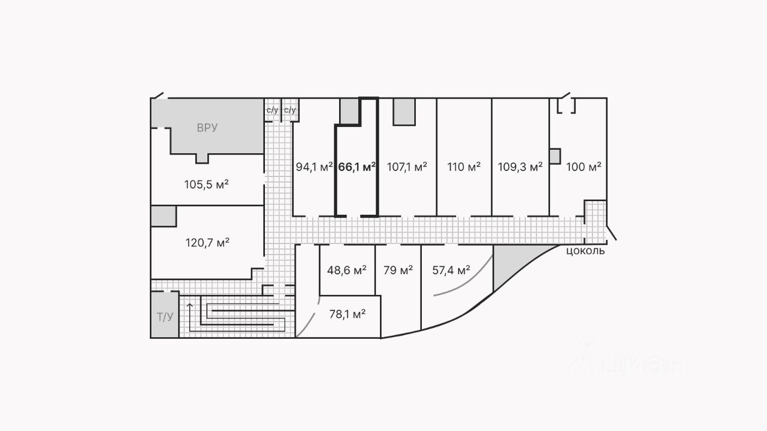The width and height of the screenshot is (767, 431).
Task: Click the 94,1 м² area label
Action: pyautogui.click(x=314, y=167)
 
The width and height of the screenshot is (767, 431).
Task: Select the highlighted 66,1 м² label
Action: pyautogui.click(x=357, y=167)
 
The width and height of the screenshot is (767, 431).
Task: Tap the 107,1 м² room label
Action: pyautogui.click(x=407, y=167)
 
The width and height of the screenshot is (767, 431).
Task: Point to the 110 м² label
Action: pyautogui.click(x=464, y=167)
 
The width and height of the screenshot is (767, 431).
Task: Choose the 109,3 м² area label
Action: pyautogui.click(x=520, y=167)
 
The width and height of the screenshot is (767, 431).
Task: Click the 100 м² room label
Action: pyautogui.click(x=584, y=167)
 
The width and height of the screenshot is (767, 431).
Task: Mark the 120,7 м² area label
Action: pyautogui.click(x=207, y=243)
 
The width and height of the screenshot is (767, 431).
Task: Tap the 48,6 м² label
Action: pyautogui.click(x=347, y=270)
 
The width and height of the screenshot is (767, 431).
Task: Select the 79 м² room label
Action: pyautogui.click(x=398, y=270)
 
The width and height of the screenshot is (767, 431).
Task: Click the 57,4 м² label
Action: pyautogui.click(x=451, y=270)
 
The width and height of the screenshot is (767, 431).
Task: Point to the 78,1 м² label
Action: pyautogui.click(x=348, y=314)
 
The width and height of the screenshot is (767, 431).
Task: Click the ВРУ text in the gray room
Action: pyautogui.click(x=207, y=128)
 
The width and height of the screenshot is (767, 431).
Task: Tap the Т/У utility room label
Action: pyautogui.click(x=165, y=317)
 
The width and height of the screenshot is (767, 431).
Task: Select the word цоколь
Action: pyautogui.click(x=585, y=251)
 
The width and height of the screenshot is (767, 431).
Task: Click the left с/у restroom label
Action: pyautogui.click(x=272, y=110)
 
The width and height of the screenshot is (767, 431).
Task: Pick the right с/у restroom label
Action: pyautogui.click(x=290, y=110)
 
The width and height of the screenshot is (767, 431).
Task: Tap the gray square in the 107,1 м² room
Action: pyautogui.click(x=404, y=112)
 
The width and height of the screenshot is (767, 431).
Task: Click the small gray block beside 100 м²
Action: pyautogui.click(x=554, y=156)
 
